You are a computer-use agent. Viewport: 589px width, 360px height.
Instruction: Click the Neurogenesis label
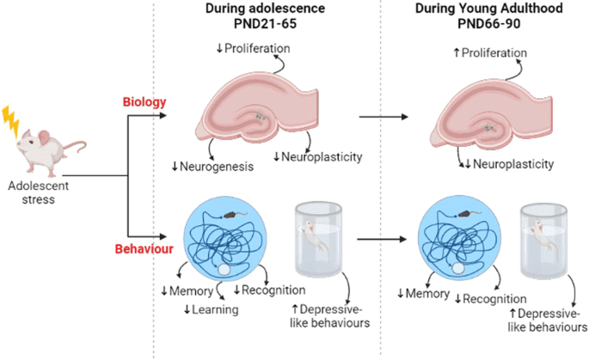[212, 166]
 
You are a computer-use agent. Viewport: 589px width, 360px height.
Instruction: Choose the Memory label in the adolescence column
[192, 291]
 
